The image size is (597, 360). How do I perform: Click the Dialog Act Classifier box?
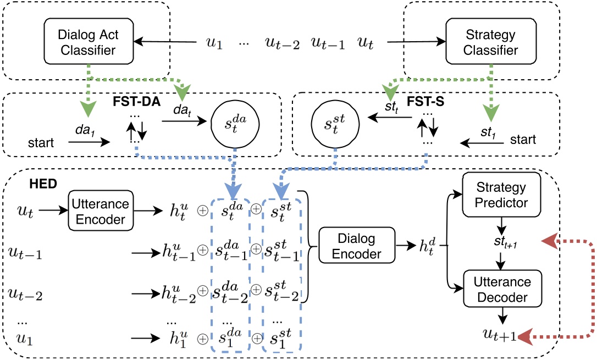point(87,42)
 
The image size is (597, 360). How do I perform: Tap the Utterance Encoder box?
point(99,212)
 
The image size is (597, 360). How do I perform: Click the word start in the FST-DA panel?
point(41,143)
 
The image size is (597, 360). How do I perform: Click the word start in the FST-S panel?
point(523,140)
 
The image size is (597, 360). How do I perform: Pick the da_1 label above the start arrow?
point(85,131)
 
